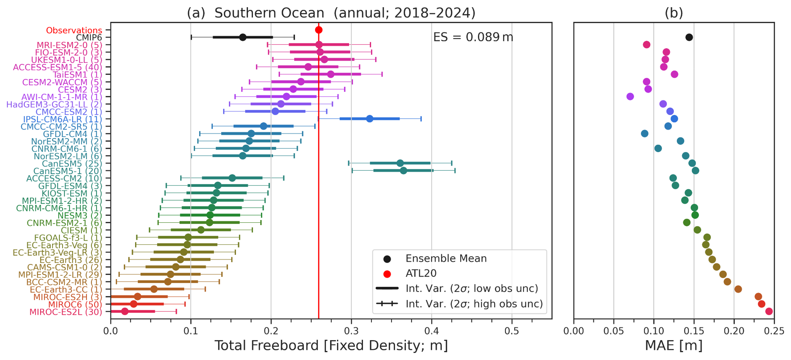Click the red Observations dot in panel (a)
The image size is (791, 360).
point(319,30)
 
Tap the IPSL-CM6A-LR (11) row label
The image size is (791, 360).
point(63,119)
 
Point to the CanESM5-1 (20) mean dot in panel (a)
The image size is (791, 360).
point(404,170)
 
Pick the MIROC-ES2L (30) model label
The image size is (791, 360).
point(66,312)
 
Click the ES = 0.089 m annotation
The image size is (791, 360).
point(473,37)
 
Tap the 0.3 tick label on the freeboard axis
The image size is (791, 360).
point(351,331)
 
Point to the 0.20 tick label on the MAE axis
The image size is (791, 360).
point(734,331)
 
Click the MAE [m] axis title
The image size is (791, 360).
point(674,346)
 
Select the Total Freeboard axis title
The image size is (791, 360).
point(331,346)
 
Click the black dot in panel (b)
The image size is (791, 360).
point(689,37)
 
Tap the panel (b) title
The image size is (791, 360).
point(674,13)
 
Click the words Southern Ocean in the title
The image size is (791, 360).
point(269,13)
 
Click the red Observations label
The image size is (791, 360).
point(74,30)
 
